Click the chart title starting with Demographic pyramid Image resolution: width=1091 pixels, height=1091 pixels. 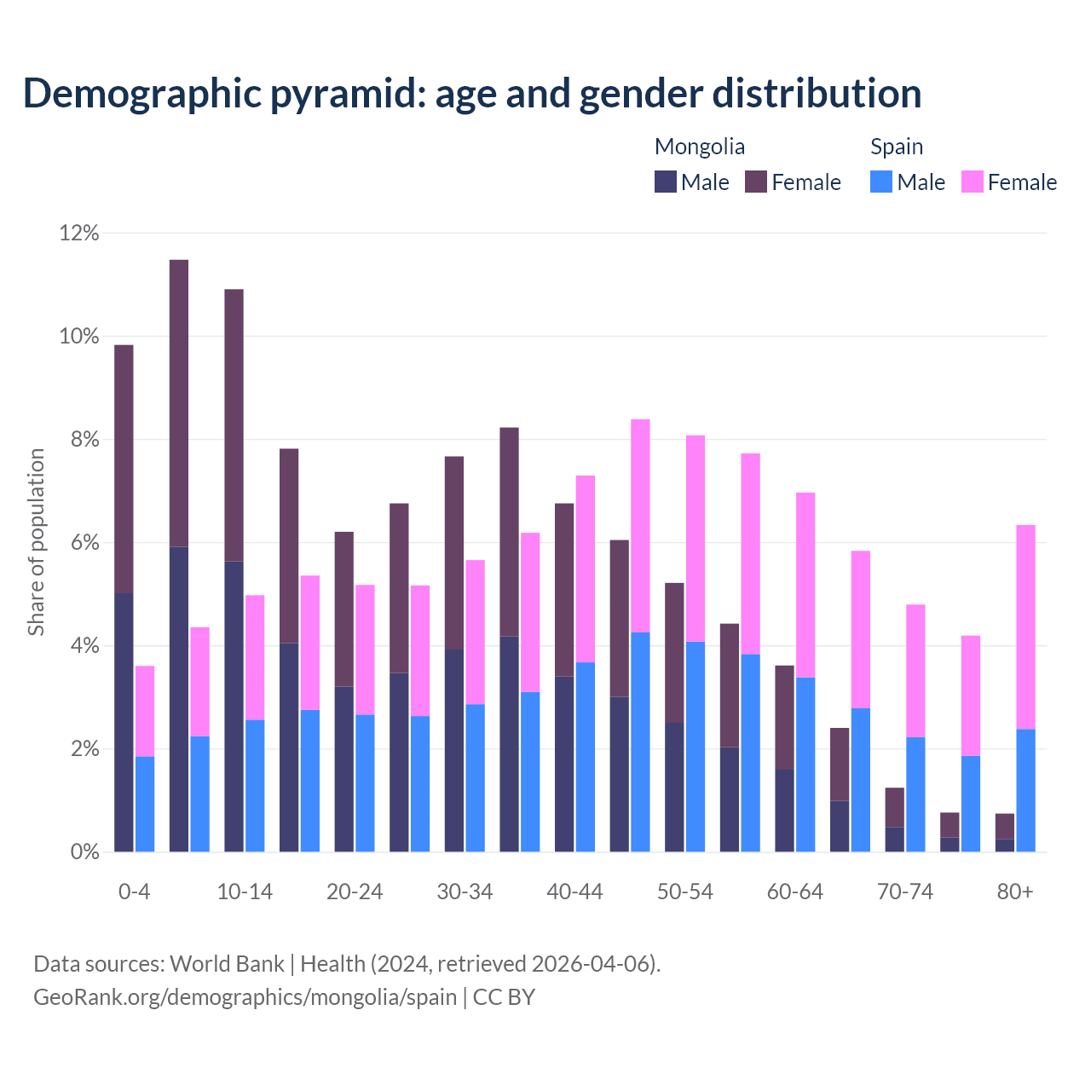(x=471, y=94)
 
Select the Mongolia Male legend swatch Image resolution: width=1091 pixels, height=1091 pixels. (x=665, y=182)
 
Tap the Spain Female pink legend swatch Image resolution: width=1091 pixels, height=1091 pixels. (x=972, y=182)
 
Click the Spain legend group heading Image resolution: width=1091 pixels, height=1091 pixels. (x=896, y=147)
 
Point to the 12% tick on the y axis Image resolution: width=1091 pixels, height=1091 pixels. (x=78, y=233)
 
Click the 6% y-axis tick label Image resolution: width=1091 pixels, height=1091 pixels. (x=84, y=543)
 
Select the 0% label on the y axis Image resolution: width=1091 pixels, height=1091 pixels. (x=84, y=852)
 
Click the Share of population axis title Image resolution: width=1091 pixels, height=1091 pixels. (x=36, y=542)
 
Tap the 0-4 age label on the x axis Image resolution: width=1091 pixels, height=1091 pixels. (x=134, y=892)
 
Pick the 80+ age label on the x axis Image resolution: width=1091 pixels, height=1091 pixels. (x=1014, y=892)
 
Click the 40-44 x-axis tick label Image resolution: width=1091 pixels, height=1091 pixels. (x=574, y=892)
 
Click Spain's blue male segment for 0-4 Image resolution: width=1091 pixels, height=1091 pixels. (x=145, y=804)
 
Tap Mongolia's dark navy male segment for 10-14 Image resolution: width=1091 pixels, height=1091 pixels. (x=234, y=707)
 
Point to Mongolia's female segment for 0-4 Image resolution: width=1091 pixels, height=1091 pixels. (x=124, y=469)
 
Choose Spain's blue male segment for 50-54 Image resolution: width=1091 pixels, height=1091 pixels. (x=696, y=747)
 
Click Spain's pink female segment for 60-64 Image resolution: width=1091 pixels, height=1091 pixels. (x=805, y=585)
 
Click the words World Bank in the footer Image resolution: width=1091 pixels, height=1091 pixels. (x=227, y=964)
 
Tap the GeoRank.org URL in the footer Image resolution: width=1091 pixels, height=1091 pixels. (x=245, y=997)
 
